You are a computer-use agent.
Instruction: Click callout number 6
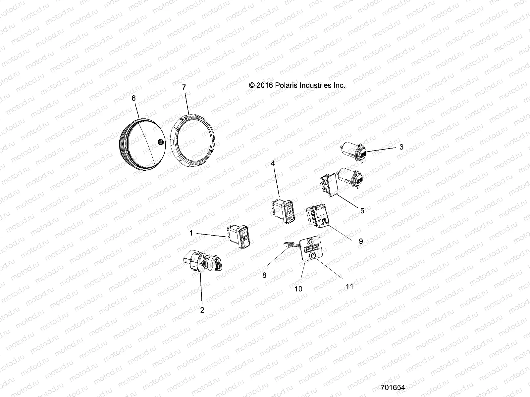(x=133, y=98)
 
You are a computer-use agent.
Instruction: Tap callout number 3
(x=401, y=147)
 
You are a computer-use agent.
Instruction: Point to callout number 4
(x=273, y=163)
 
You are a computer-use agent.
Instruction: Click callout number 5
(x=362, y=211)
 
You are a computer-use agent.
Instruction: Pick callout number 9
(x=361, y=241)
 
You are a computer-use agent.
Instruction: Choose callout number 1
(x=191, y=233)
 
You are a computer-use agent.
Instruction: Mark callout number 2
(x=202, y=310)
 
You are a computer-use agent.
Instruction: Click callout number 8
(x=264, y=275)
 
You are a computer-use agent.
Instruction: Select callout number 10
(x=298, y=289)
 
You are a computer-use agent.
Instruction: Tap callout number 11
(x=349, y=287)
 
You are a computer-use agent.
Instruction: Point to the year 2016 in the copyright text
(x=264, y=85)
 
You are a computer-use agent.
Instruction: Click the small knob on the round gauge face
(x=161, y=142)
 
